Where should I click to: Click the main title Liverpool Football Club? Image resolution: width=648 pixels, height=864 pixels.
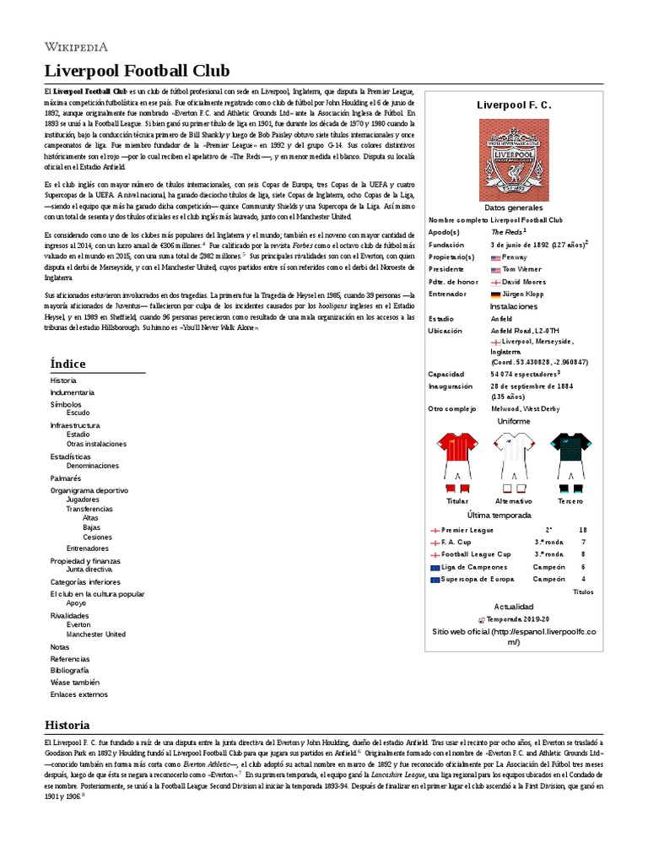click(137, 70)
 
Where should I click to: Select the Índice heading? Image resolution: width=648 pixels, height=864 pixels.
click(67, 364)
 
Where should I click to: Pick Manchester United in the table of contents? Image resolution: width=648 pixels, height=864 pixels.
click(96, 634)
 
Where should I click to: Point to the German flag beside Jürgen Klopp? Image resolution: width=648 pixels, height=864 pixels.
click(495, 294)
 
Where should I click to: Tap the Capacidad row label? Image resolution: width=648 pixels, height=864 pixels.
click(446, 373)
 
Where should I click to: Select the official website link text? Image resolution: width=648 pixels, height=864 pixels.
click(513, 636)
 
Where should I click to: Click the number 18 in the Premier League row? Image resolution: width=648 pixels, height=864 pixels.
click(582, 530)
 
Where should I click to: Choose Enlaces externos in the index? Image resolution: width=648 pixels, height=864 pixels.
click(79, 694)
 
